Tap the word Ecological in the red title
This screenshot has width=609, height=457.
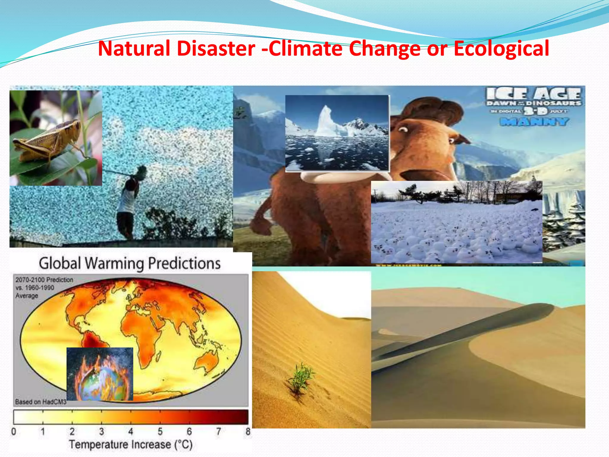point(501,48)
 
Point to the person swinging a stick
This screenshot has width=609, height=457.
point(128,202)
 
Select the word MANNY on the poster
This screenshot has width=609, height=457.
point(534,121)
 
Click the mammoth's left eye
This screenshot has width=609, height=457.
point(403,130)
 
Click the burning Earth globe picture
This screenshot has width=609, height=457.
point(100,374)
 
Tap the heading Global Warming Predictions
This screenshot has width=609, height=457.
point(130,263)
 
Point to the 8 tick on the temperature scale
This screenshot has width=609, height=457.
point(248,431)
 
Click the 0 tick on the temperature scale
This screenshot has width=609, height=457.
point(14,431)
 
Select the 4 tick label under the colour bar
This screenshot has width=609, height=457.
point(131,431)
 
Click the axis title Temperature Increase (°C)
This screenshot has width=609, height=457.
point(131,445)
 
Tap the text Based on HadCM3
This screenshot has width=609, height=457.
point(40,402)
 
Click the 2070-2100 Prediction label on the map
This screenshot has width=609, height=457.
point(44,280)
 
